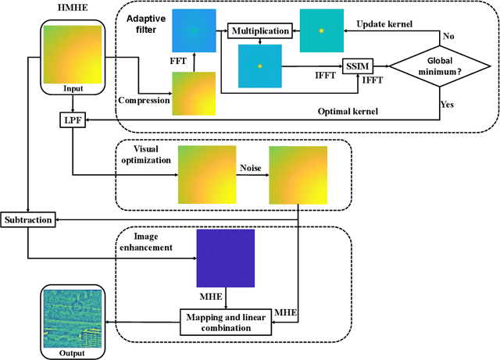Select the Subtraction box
point(28,219)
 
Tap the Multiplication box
point(260,31)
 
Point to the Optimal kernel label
point(348,112)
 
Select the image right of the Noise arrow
point(295,176)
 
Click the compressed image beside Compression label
point(194,93)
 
